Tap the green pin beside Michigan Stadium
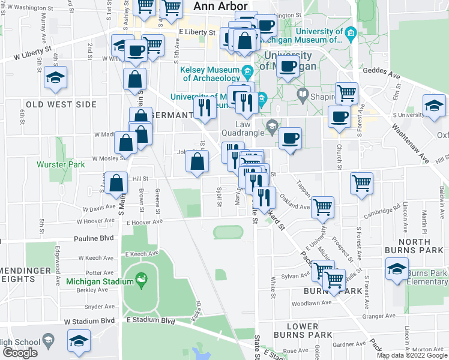click(x=142, y=279)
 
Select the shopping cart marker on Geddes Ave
click(x=346, y=93)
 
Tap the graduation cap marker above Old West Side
click(x=55, y=77)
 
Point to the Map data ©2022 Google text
click(x=412, y=355)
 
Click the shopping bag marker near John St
click(x=197, y=161)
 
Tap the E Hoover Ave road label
click(x=145, y=221)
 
